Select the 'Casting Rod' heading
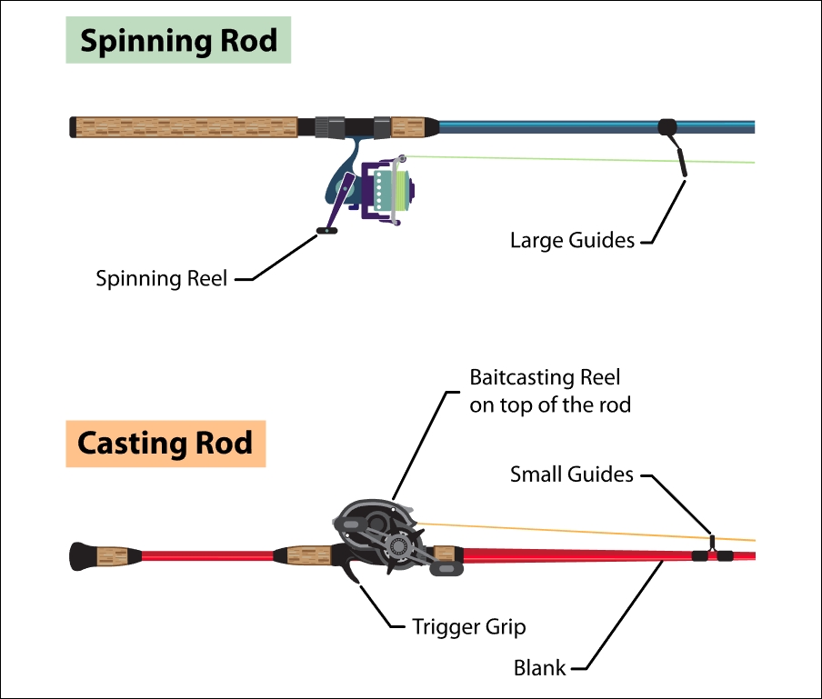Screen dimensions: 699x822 coord(165,444)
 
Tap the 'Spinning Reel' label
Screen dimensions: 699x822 coord(162,278)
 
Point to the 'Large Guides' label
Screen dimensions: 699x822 coord(572,240)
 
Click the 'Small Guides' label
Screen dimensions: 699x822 coord(571,474)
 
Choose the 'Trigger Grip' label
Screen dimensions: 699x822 coord(468,626)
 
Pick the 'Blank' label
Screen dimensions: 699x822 coord(540,668)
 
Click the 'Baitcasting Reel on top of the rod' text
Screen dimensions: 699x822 coord(549,391)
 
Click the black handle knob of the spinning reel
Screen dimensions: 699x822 coord(326,231)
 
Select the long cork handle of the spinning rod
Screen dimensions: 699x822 coord(186,126)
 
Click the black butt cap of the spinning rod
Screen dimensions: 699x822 coord(72,126)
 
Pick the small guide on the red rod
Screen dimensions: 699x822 coord(714,550)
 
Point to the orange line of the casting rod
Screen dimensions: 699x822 coord(564,531)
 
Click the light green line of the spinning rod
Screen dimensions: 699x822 coord(582,158)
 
